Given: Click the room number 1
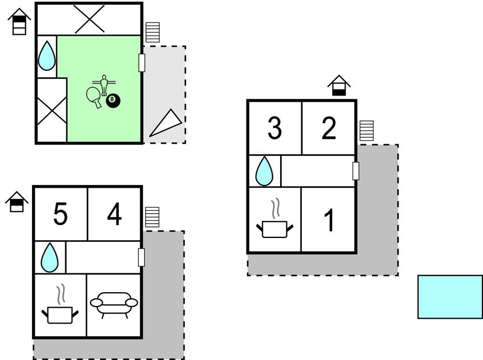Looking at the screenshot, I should tap(329, 220).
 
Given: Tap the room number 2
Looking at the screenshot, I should tap(329, 128).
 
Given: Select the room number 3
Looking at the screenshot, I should tap(275, 128).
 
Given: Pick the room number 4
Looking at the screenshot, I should tap(114, 214).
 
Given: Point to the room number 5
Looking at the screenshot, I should tap(60, 214).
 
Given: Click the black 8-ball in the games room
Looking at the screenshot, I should tap(113, 100).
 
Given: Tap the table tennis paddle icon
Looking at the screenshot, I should tap(94, 97).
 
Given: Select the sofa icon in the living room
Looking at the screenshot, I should tap(114, 304).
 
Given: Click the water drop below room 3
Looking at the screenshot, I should tap(264, 171).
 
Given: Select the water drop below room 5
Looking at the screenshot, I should tap(50, 257).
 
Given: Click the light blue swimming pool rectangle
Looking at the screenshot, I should tap(450, 297).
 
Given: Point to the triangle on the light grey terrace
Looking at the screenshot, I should tap(166, 123).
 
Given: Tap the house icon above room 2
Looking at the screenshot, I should tap(339, 86).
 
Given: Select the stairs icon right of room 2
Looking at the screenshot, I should tap(366, 131).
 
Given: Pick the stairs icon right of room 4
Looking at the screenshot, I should tap(152, 217).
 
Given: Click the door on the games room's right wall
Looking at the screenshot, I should tap(142, 62).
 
